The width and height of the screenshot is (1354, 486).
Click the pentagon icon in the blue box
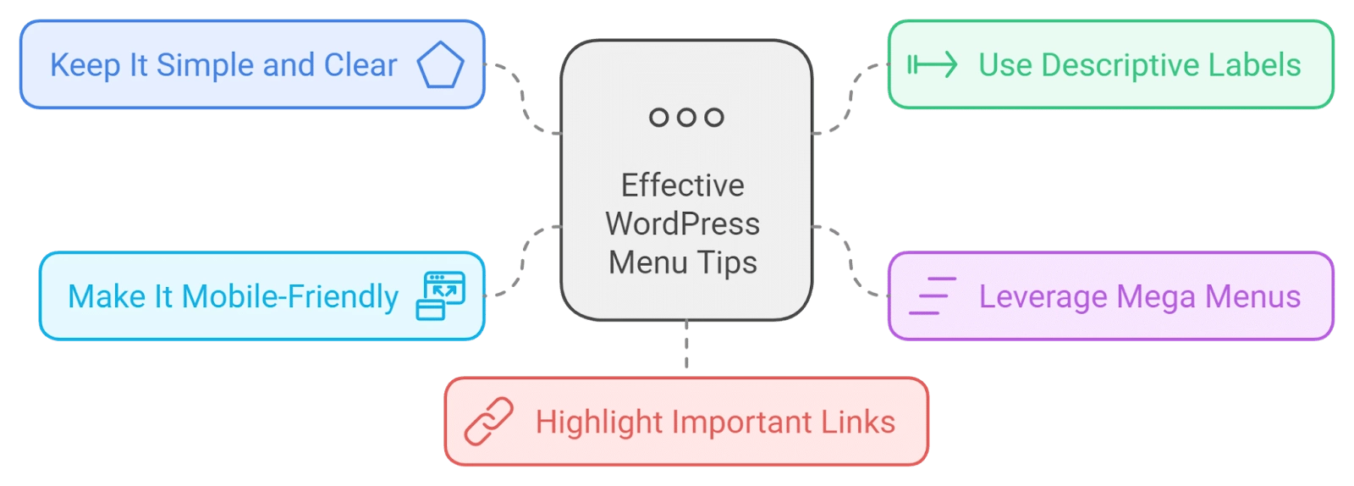tap(441, 64)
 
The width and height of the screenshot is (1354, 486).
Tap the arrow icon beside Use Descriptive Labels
tap(932, 64)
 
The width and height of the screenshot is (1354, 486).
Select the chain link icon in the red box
tap(488, 422)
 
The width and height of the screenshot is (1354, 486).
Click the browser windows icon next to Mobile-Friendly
tap(441, 295)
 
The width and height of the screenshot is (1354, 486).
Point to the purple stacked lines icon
tap(933, 295)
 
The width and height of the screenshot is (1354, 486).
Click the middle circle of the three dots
tap(686, 117)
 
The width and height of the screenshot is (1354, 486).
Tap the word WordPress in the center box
tap(682, 224)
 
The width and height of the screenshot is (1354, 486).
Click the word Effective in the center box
tap(682, 185)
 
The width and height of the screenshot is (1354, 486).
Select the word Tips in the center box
tap(727, 263)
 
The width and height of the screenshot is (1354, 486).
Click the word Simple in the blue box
tap(205, 65)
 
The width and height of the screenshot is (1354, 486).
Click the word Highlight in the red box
tap(599, 422)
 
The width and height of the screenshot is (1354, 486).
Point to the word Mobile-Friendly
tap(290, 296)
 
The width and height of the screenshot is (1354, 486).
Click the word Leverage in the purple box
tap(1043, 297)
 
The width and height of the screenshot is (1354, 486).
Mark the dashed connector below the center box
tap(686, 344)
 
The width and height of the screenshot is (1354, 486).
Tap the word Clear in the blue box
tap(361, 64)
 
